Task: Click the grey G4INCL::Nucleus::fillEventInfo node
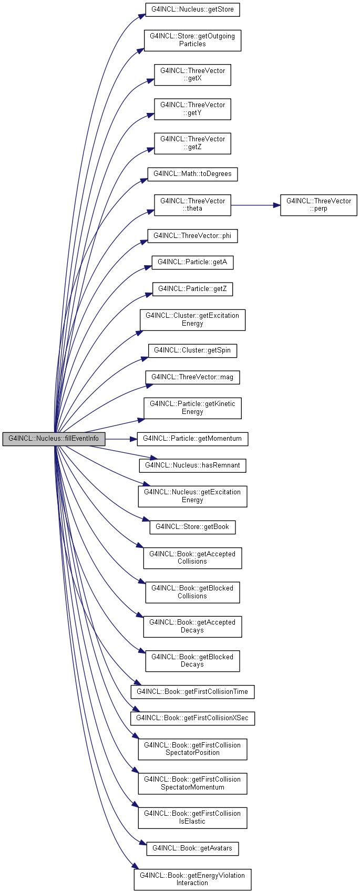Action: [54, 439]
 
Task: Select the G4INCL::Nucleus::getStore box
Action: [192, 9]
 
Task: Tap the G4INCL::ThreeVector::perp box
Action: [318, 205]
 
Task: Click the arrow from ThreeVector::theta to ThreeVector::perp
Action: [255, 205]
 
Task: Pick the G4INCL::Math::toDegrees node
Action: [192, 174]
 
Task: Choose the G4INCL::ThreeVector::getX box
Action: [192, 75]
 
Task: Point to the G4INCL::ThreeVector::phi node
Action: [192, 236]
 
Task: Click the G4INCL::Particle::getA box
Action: [192, 263]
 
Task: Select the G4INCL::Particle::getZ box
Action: [192, 289]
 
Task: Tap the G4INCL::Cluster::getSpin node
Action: [192, 351]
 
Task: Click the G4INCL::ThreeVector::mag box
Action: [192, 378]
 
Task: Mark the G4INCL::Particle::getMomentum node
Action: [192, 439]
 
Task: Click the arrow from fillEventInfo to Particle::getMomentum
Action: [121, 439]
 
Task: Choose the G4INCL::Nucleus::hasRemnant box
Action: [192, 465]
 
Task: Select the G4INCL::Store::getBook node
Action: [192, 527]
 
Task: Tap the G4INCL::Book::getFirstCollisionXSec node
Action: [192, 719]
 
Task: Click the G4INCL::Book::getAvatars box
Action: [192, 848]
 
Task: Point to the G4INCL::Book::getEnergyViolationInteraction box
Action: [192, 879]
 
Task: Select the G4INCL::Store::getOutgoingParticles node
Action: [192, 40]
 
